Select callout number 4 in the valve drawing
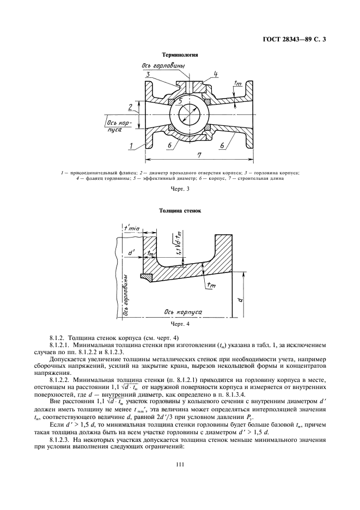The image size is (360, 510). pos(216,74)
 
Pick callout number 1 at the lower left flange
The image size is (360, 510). pos(131,145)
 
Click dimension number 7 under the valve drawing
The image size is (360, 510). pos(199,156)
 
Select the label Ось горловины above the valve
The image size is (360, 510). pos(164,65)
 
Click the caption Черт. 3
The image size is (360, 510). pos(179,189)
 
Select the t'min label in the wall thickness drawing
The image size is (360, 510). pos(131,228)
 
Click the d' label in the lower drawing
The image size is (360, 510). pos(131,253)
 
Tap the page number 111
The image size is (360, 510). pos(179,464)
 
